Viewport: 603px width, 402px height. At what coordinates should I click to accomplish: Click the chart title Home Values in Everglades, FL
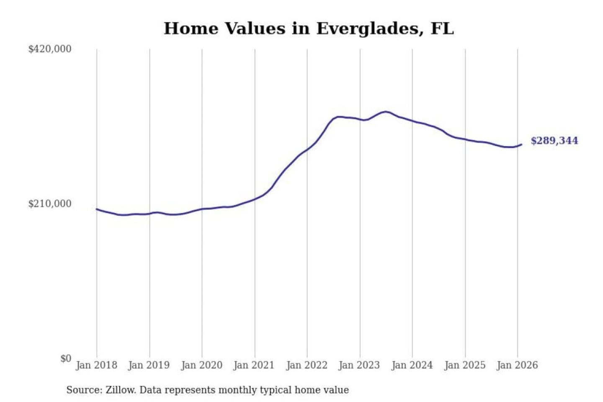coord(309,28)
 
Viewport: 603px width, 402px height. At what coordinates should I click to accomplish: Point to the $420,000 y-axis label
coord(50,49)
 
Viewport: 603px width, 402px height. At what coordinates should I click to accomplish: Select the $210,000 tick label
coord(50,204)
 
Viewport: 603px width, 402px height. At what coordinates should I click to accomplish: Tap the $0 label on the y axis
coord(66,358)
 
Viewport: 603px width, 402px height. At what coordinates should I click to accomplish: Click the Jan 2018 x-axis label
coord(96,365)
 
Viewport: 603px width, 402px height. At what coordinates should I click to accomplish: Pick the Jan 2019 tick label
coord(149,365)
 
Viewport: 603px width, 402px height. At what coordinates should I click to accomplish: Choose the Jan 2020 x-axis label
coord(201,365)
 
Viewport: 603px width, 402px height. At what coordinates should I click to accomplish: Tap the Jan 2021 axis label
coord(254,365)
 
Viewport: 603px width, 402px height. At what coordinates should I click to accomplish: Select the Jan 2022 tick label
coord(307,365)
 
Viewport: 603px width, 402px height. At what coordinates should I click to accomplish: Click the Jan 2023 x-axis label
coord(359,365)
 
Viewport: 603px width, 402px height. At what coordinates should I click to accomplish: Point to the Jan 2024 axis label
coord(412,365)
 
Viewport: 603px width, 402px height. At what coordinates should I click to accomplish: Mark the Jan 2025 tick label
coord(464,365)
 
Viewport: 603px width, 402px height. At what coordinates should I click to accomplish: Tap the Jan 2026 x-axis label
coord(517,365)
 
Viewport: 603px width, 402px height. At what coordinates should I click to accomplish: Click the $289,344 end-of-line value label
coord(554,141)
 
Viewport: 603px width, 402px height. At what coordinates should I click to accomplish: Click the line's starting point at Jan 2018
coord(97,209)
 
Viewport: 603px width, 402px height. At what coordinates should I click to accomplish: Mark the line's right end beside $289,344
coord(521,144)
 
